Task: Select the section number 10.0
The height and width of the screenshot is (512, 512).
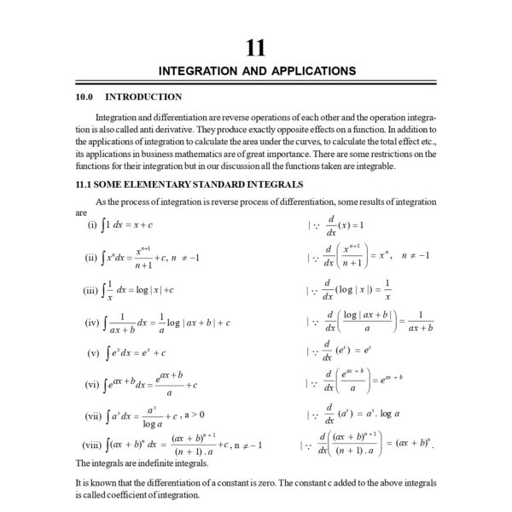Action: point(86,96)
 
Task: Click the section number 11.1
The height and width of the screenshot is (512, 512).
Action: point(84,184)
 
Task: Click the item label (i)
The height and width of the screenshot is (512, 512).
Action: point(92,225)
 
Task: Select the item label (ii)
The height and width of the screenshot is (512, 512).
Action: point(93,256)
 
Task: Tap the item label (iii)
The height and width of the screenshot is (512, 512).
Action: point(92,290)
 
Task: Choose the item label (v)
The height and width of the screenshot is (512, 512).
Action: point(94,352)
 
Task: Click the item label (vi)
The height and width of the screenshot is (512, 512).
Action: point(93,384)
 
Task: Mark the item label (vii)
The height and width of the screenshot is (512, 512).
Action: point(93,416)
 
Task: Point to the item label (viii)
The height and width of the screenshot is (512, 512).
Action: point(91,445)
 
